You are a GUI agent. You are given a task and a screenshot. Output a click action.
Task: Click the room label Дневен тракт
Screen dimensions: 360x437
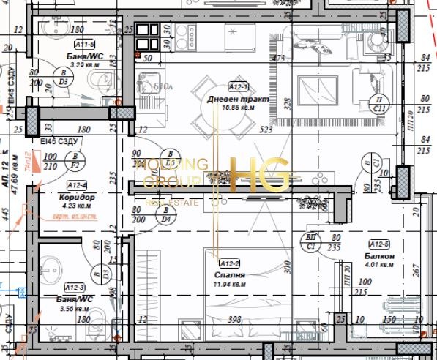pos(238,98)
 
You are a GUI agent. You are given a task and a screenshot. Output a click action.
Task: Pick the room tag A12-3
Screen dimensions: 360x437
pos(75,288)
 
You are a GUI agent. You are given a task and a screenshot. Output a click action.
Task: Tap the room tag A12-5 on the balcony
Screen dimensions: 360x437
pos(379,244)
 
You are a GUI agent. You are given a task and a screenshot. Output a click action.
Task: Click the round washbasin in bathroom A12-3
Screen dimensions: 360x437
pos(53,265)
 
